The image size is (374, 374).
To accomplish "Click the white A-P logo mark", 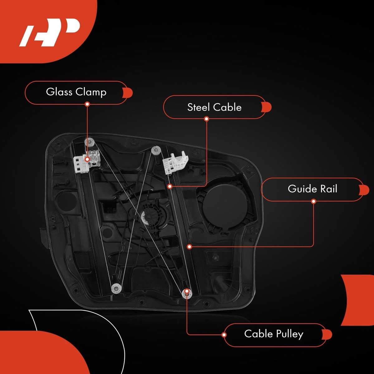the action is (50, 32).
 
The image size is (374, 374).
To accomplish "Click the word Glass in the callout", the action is (59, 92).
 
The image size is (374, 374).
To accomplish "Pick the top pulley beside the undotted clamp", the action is (156, 151).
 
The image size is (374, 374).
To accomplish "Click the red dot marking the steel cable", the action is (170, 186).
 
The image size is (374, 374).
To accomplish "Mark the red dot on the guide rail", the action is (189, 247).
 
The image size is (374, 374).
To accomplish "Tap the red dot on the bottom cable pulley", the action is (187, 291).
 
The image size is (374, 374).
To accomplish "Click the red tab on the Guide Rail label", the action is (364, 189).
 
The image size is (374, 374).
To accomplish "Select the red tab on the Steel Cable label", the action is (266, 107).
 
